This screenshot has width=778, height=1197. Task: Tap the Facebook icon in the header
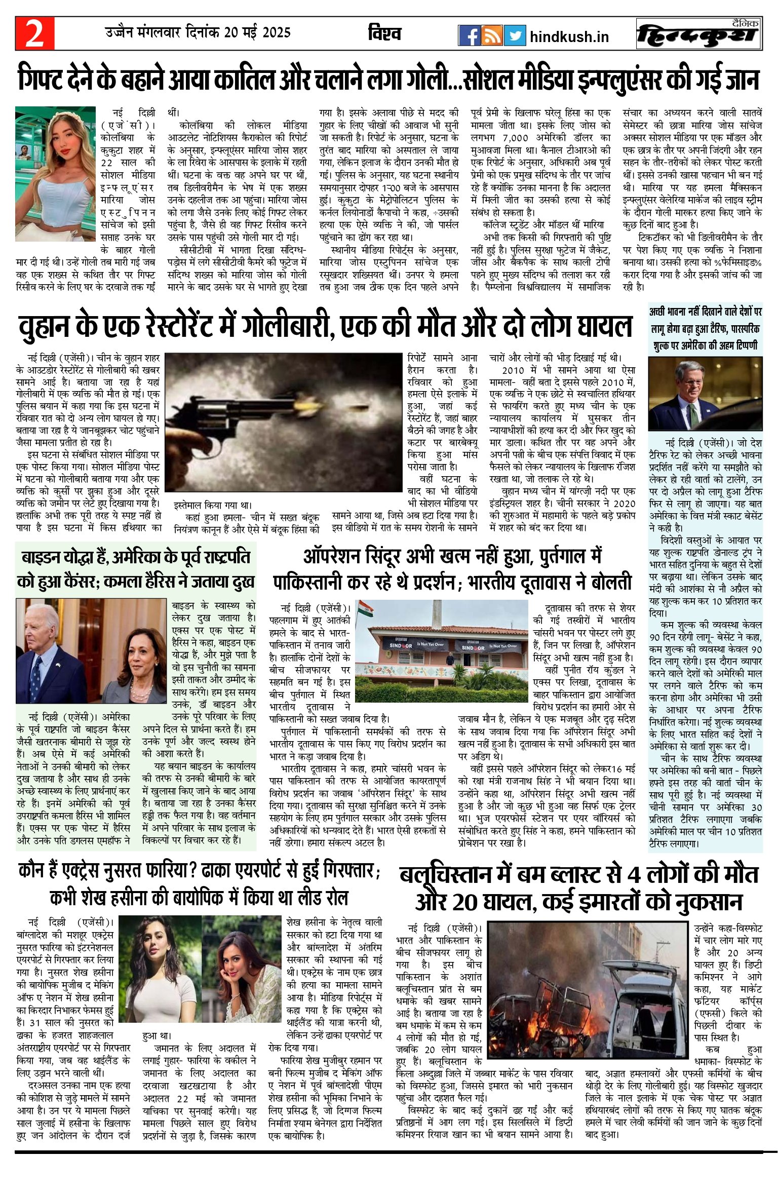469,35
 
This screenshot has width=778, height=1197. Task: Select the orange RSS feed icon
492,35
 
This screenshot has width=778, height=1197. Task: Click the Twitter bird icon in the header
515,35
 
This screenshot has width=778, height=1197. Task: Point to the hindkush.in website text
569,37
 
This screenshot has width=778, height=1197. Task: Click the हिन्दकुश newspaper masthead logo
699,34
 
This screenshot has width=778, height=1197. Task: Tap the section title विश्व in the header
384,34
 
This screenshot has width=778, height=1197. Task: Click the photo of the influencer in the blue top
55,173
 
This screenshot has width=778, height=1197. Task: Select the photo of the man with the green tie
705,394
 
